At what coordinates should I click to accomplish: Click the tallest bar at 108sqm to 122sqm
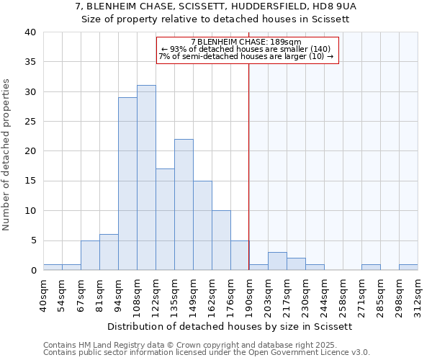[146, 178]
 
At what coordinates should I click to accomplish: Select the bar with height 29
[127, 184]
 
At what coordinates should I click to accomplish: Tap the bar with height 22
[184, 204]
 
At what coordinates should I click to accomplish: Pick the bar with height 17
[165, 220]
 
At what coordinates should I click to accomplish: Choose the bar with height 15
[202, 225]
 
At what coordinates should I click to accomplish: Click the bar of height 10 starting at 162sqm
[221, 240]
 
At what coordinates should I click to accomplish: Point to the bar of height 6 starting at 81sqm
[109, 252]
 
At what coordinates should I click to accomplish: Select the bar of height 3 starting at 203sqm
[277, 261]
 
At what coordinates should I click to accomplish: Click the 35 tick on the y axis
[30, 62]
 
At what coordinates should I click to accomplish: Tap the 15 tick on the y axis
[30, 181]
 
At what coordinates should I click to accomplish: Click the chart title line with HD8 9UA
[216, 6]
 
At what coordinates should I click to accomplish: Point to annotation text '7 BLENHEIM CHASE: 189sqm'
[247, 42]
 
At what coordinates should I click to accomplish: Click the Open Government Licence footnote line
[207, 353]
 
